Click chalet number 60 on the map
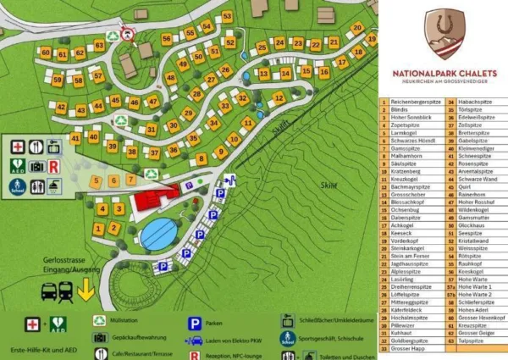[x=46, y=53]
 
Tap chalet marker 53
[x=227, y=17]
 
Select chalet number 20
[x=357, y=28]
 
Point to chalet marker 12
[x=279, y=98]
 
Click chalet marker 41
[x=75, y=137]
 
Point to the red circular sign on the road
[x=128, y=34]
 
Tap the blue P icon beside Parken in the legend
[x=193, y=323]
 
